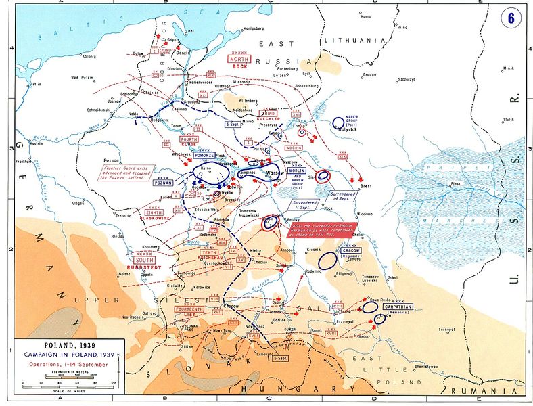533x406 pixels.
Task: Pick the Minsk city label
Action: coord(508,69)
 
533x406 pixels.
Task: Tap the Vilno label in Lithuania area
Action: coord(402,28)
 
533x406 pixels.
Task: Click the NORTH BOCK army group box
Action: coord(240,62)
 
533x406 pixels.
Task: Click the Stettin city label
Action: coord(34,84)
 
